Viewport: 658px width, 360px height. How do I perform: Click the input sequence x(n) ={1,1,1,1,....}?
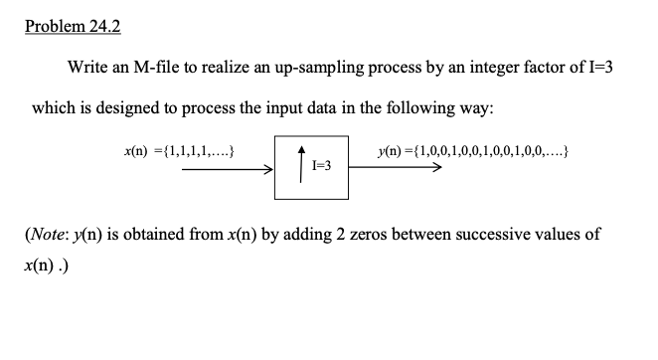176,153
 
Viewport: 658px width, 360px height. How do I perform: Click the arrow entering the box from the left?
228,169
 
